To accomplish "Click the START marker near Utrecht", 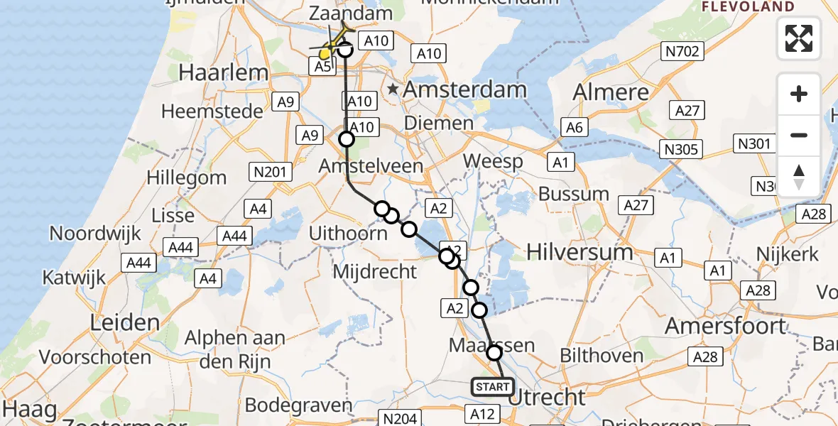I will click(492, 387).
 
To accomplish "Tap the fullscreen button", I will click(799, 38).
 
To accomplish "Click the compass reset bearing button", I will click(799, 177).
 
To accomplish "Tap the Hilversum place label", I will click(580, 252).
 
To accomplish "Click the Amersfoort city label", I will click(726, 326).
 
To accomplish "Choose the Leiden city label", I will click(125, 323).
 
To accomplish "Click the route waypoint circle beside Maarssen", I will click(494, 352).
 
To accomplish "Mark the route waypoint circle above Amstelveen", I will click(346, 139).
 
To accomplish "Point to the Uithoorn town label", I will click(348, 233).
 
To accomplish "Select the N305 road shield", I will click(681, 149).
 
